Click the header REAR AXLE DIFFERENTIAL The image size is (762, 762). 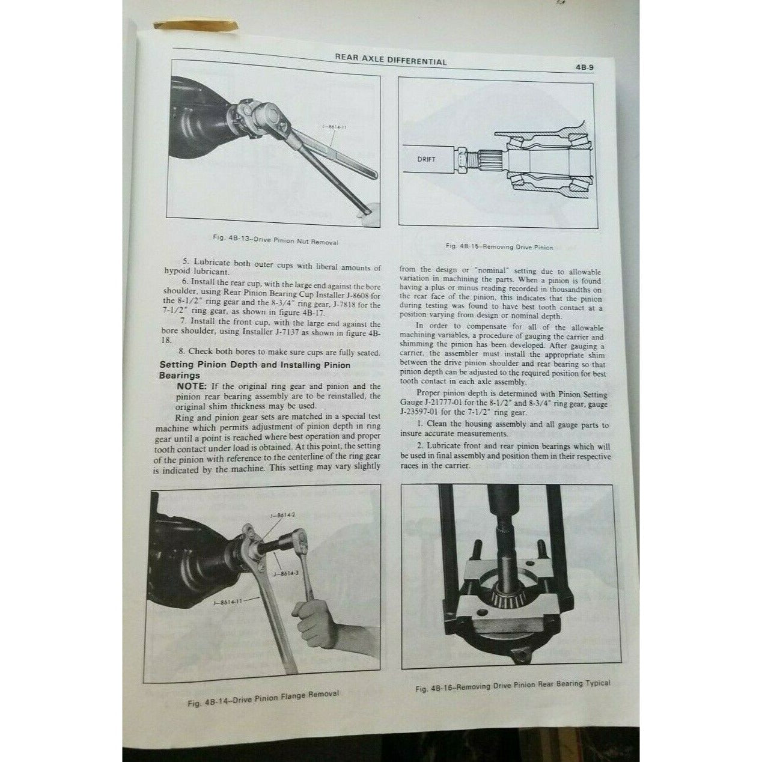coord(391,61)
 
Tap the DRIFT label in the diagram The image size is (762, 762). coord(425,159)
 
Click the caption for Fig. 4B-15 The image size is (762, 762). coord(499,246)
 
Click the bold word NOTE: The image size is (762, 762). coord(192,386)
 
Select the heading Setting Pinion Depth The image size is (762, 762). coord(254,365)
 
